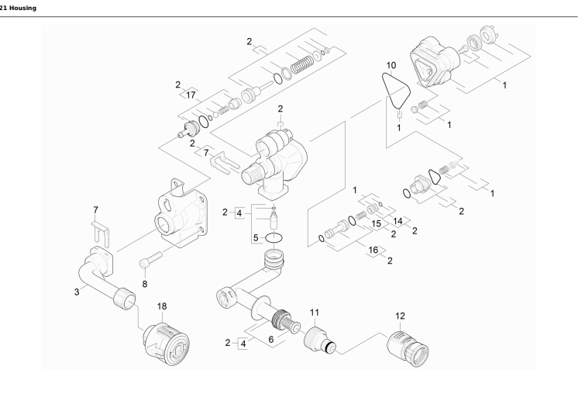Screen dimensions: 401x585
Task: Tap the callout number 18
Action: [x=162, y=306]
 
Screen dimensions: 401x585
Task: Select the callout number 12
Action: [x=400, y=316]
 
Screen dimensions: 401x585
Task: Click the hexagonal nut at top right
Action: [x=489, y=36]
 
